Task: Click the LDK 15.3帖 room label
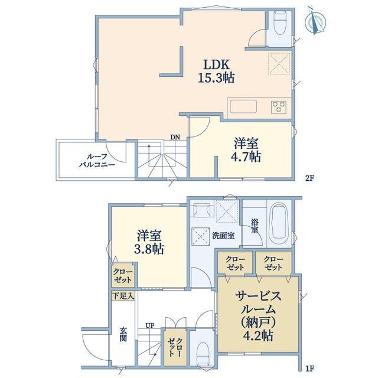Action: [216, 71]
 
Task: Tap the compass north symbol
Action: [315, 22]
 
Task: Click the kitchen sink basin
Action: [243, 107]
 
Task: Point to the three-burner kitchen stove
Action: [279, 107]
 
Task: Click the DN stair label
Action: [175, 137]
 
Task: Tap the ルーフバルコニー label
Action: [97, 161]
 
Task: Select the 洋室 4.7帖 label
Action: [246, 150]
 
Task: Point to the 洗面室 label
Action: [223, 236]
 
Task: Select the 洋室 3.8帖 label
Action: [149, 242]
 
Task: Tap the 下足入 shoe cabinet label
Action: [123, 296]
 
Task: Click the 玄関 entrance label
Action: [123, 334]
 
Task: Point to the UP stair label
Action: [150, 325]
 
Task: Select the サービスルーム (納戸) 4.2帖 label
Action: [258, 315]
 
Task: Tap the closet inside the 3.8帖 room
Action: [123, 276]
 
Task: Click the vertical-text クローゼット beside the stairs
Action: [175, 347]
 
